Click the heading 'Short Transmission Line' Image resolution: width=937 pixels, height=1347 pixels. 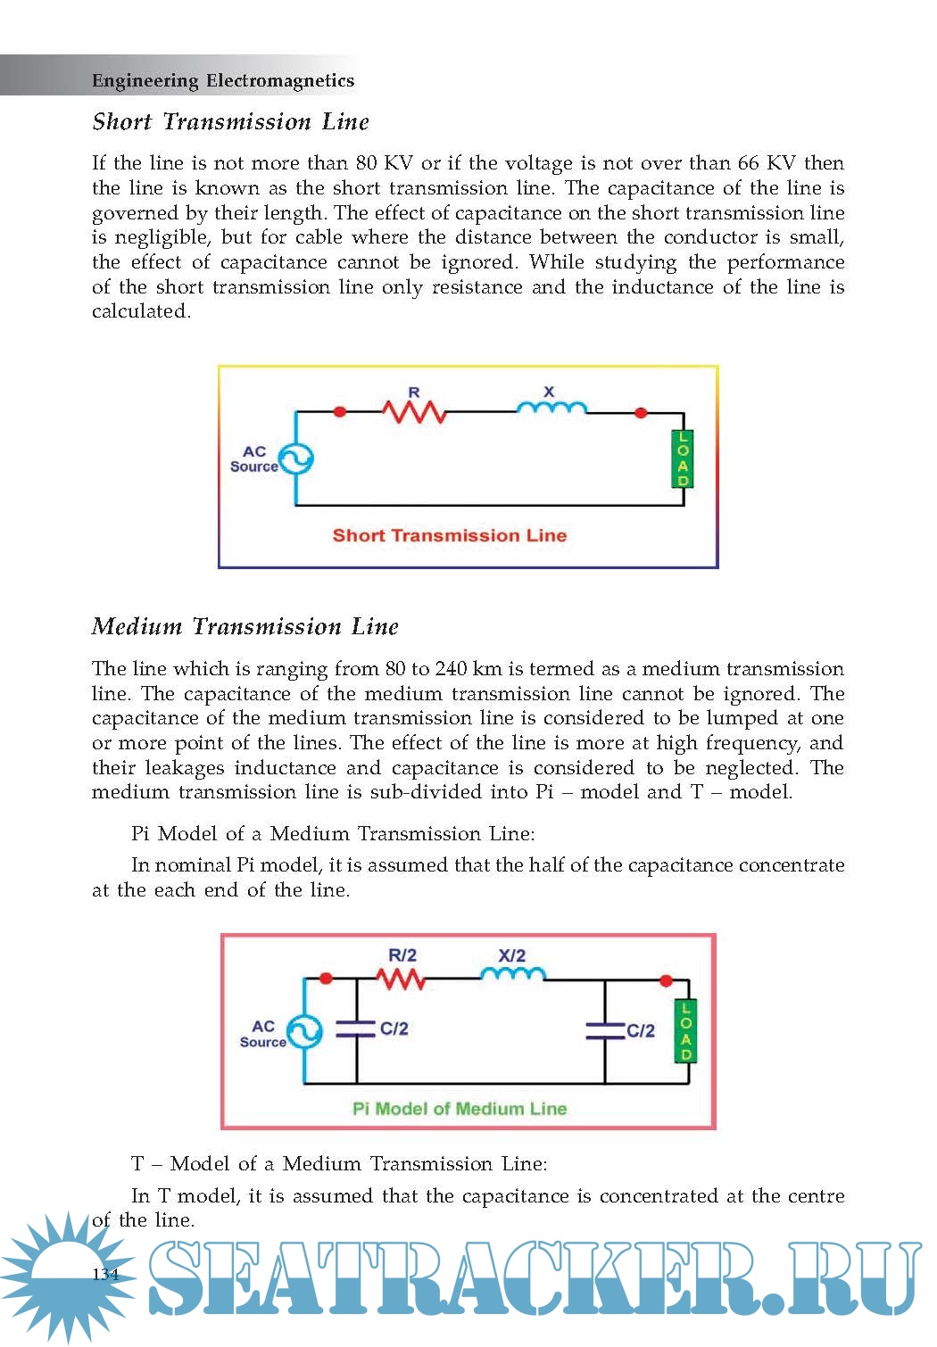point(230,122)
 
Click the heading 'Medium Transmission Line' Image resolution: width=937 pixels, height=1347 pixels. point(245,627)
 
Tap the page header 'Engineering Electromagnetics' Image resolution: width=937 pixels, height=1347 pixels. point(223,81)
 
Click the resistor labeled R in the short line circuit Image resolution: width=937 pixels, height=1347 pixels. point(414,411)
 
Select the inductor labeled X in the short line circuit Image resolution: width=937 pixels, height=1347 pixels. point(551,408)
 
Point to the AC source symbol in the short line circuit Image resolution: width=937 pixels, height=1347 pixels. point(295,459)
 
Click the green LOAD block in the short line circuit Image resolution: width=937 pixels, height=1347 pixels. point(683,459)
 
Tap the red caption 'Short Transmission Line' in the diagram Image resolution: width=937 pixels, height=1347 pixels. point(449,536)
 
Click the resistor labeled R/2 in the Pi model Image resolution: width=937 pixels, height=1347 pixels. point(401,979)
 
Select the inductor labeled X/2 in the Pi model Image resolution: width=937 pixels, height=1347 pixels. point(512,974)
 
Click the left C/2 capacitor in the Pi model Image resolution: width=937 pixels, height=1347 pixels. point(356,1029)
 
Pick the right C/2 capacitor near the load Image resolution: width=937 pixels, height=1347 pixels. point(605,1031)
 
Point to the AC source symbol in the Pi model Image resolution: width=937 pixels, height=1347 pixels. point(304,1033)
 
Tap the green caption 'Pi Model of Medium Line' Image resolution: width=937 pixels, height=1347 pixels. point(460,1109)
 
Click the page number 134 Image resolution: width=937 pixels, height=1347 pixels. point(105,1274)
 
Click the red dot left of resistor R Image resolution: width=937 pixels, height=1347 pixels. point(339,412)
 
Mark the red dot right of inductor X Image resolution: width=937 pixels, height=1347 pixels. point(640,412)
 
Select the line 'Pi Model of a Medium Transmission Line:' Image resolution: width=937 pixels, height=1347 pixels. point(333,834)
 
